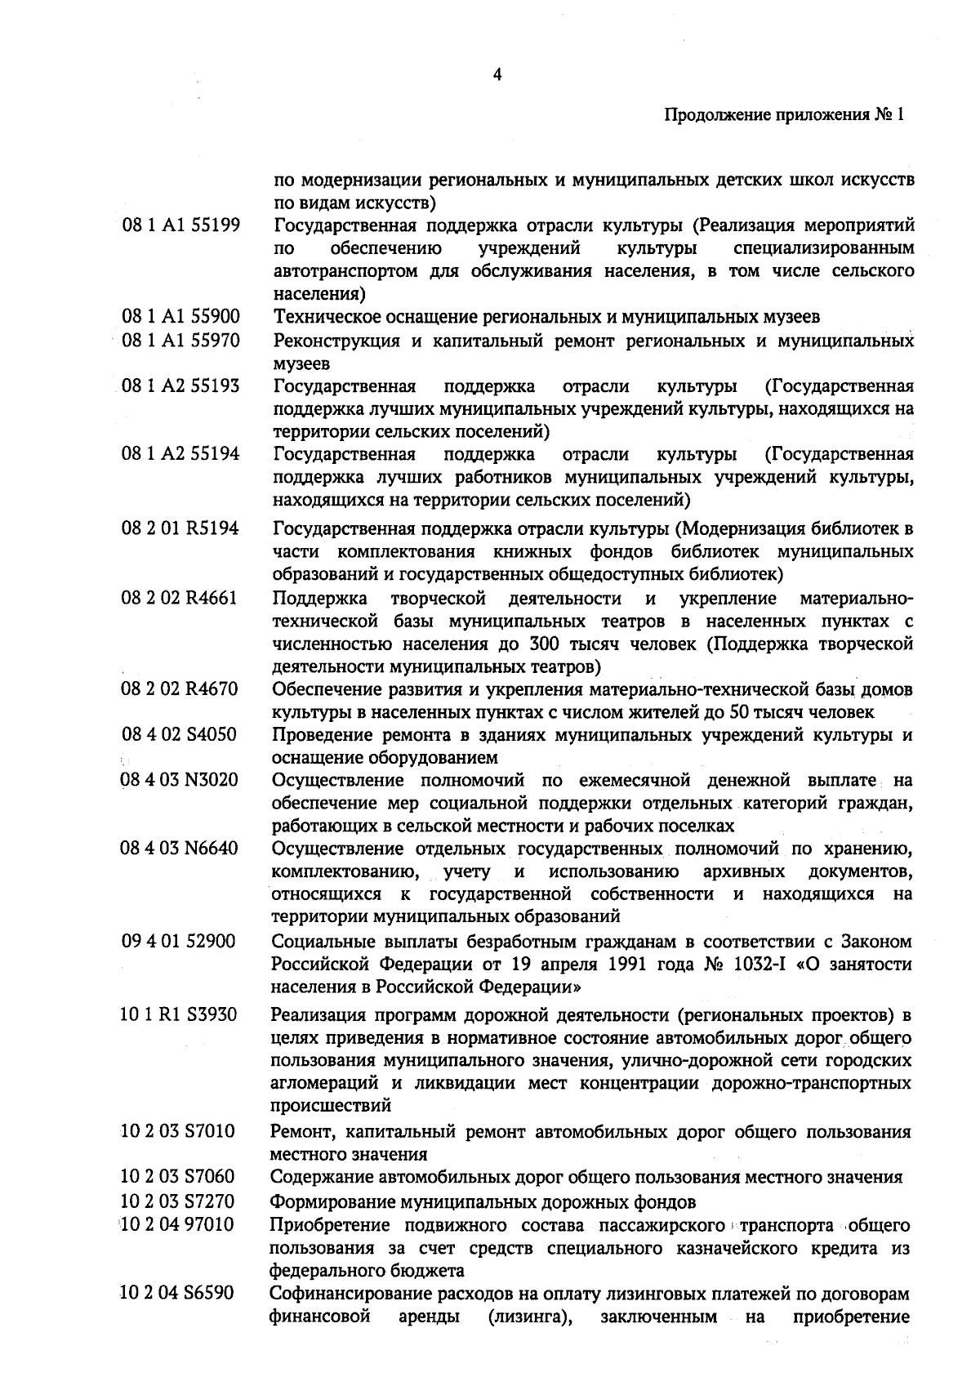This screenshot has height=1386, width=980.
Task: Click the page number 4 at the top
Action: point(497,75)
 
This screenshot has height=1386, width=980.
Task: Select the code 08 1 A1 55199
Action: point(180,225)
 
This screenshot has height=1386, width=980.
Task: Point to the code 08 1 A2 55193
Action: point(180,385)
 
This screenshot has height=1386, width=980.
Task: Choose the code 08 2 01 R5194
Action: point(180,528)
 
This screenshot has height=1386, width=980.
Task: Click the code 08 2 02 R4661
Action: point(180,599)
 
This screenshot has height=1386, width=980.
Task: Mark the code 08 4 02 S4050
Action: point(180,734)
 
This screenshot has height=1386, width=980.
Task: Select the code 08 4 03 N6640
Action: point(180,849)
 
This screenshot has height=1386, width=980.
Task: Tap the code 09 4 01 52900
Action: point(178,942)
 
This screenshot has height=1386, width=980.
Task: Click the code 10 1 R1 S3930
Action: point(179,1015)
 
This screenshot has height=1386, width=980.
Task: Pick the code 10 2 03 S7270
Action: point(177,1201)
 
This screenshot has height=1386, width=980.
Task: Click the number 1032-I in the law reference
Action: point(772,965)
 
